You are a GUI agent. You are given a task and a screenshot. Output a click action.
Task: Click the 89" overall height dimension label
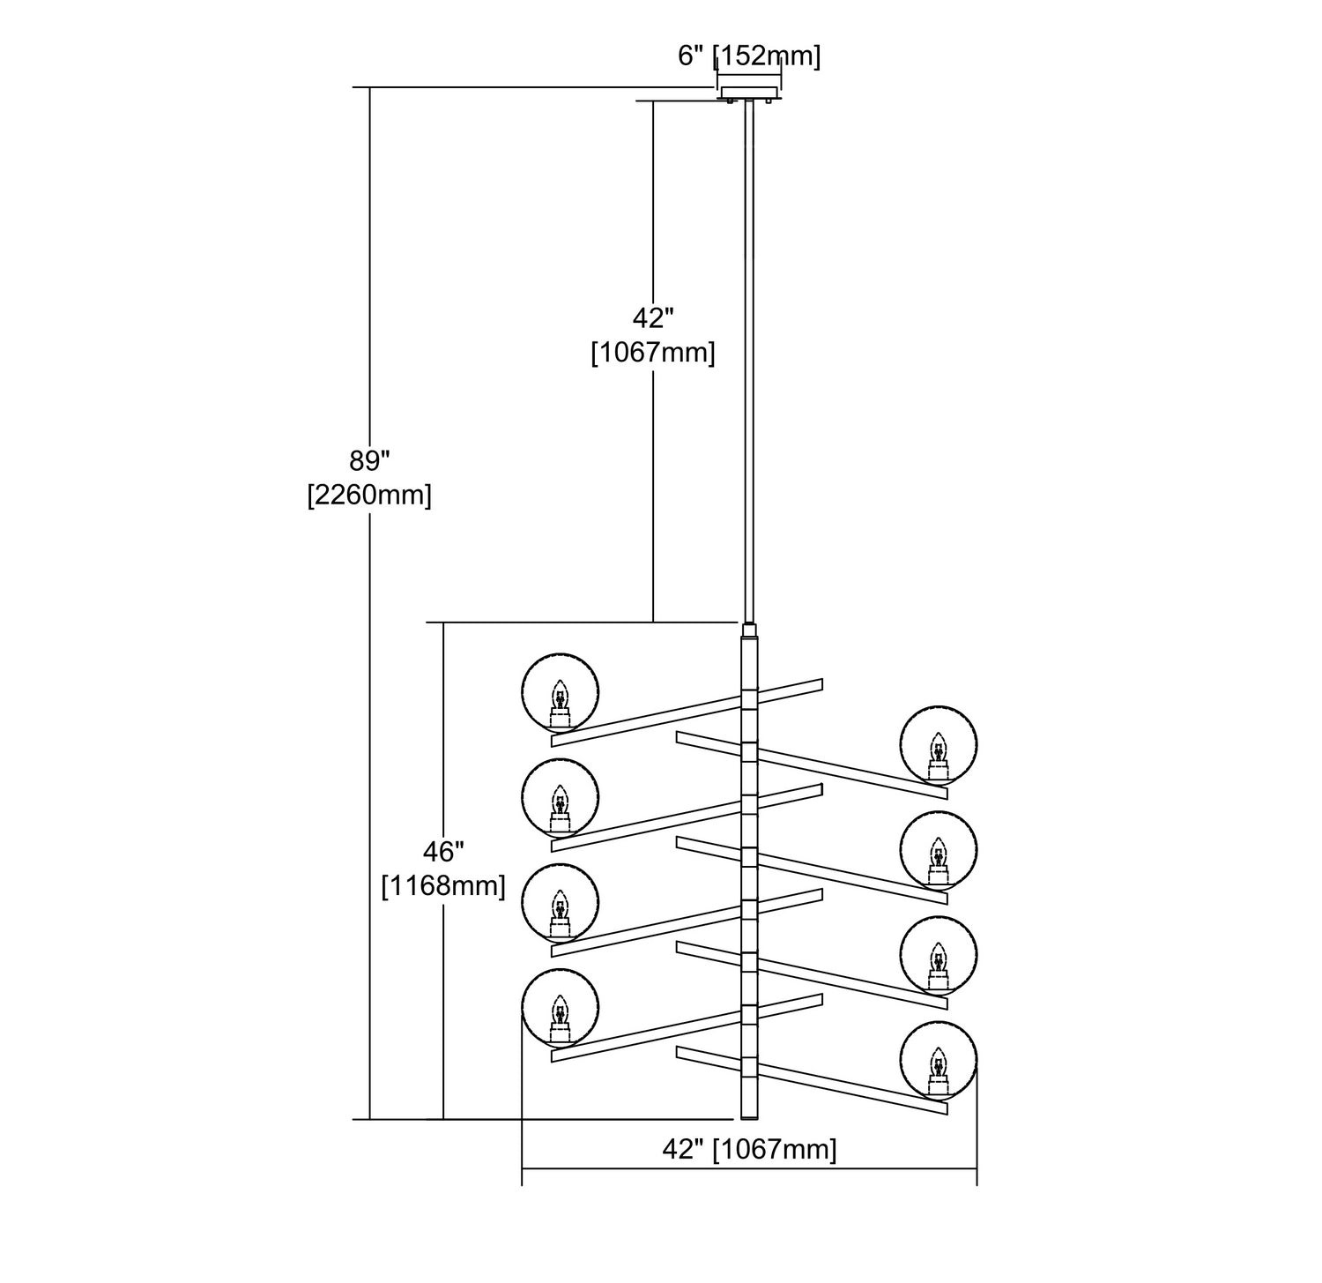pos(369,461)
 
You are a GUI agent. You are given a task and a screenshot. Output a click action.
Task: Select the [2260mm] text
pos(369,496)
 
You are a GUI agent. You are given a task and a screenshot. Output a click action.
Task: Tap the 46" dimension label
pos(443,852)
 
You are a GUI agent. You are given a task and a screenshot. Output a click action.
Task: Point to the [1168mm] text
pos(443,885)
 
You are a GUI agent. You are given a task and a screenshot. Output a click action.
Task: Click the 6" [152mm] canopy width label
pos(749,56)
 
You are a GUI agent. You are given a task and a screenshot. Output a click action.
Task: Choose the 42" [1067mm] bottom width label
pos(749,1149)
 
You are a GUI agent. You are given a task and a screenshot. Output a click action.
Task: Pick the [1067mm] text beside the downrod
pos(652,353)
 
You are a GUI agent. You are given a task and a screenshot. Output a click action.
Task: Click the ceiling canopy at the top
pos(750,93)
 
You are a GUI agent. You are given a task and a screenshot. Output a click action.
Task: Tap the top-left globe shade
pos(560,692)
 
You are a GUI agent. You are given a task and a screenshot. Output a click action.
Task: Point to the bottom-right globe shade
pos(939,1062)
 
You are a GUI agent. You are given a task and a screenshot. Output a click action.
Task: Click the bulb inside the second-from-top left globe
pos(559,803)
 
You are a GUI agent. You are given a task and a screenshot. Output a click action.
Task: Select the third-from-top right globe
pos(939,956)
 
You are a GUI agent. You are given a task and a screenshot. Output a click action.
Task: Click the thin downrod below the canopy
pos(750,353)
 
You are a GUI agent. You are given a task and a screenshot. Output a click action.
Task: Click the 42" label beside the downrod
pos(652,317)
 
